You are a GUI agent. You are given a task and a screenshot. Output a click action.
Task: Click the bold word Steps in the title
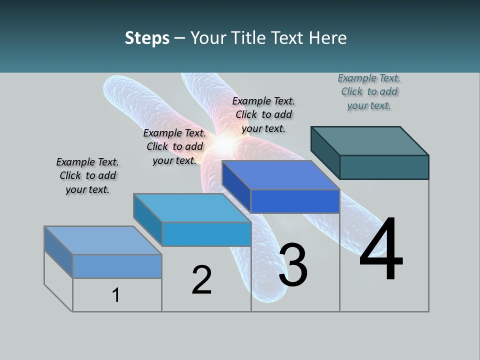pyautogui.click(x=147, y=38)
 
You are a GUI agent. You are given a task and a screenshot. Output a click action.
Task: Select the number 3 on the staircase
pyautogui.click(x=293, y=264)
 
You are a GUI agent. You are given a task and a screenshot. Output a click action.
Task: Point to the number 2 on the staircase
pyautogui.click(x=201, y=279)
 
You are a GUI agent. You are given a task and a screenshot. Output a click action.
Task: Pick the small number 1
pyautogui.click(x=116, y=295)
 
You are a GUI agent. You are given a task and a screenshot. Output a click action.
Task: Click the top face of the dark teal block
pyautogui.click(x=370, y=140)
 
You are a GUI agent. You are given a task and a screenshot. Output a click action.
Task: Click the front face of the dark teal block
pyautogui.click(x=384, y=167)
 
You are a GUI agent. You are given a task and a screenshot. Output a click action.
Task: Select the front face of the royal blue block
pyautogui.click(x=295, y=201)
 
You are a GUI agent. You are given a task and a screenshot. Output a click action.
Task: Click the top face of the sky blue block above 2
pyautogui.click(x=192, y=207)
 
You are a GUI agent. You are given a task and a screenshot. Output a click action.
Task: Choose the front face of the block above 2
pyautogui.click(x=206, y=234)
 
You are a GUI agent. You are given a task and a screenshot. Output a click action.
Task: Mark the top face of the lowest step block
pyautogui.click(x=103, y=240)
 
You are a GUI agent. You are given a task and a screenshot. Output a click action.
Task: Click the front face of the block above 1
pyautogui.click(x=117, y=266)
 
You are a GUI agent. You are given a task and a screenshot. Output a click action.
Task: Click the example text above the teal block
pyautogui.click(x=369, y=91)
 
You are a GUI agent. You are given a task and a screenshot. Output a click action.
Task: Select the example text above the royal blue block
pyautogui.click(x=263, y=114)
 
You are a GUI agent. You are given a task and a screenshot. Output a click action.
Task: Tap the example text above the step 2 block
pyautogui.click(x=174, y=146)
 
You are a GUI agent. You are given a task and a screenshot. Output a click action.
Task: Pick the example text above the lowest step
pyautogui.click(x=87, y=175)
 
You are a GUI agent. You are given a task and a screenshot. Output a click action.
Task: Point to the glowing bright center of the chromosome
pyautogui.click(x=225, y=144)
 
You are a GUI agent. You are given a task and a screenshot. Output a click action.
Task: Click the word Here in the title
pyautogui.click(x=328, y=38)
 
